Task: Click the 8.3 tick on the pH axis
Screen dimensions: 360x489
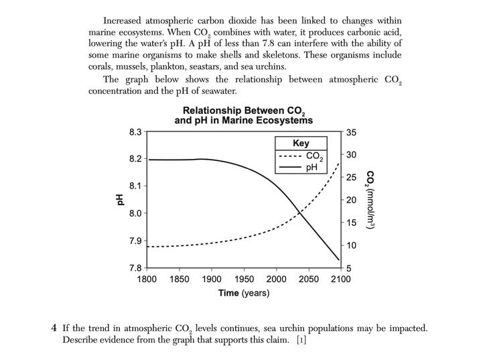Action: (x=135, y=132)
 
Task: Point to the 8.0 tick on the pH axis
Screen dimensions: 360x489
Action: (x=135, y=213)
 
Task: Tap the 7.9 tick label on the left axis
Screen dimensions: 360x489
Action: (x=135, y=241)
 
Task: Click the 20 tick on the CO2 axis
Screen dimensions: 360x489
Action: (x=352, y=200)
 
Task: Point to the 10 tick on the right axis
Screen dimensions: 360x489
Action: (x=352, y=246)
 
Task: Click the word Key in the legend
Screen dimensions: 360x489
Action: (x=301, y=143)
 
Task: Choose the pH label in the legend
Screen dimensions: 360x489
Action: (x=311, y=168)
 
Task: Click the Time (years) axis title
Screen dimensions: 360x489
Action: (x=244, y=293)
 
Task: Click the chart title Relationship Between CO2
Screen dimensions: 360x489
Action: (x=244, y=111)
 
